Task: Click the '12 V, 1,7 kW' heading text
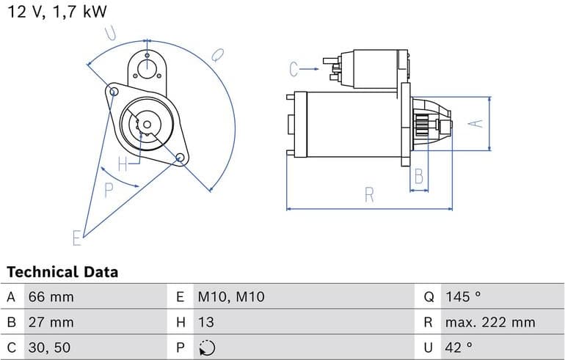(x=56, y=12)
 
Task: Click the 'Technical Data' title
(x=62, y=272)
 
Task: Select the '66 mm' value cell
(x=51, y=297)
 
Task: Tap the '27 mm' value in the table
(x=51, y=322)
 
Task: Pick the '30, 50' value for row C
(x=50, y=347)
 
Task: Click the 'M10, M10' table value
(x=230, y=297)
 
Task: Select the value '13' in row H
(x=205, y=322)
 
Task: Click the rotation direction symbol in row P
(x=207, y=347)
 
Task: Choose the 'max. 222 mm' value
(x=489, y=322)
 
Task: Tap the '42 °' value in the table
(x=459, y=347)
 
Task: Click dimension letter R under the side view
(x=369, y=195)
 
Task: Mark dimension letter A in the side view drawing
(x=478, y=122)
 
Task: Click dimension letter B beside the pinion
(x=419, y=176)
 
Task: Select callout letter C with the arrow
(x=295, y=70)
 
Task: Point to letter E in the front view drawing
(x=76, y=237)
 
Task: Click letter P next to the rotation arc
(x=109, y=191)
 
